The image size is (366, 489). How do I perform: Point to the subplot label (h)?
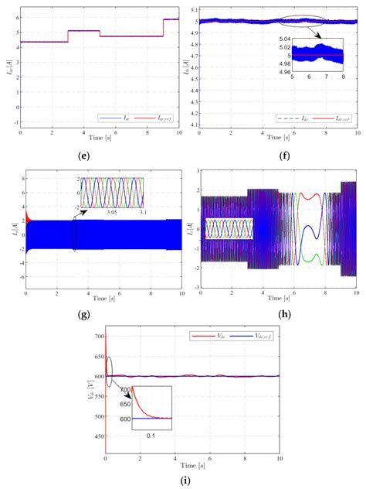point(280,317)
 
